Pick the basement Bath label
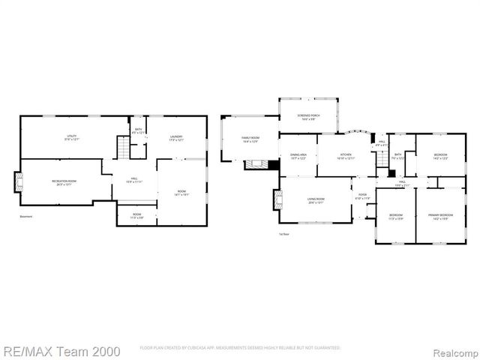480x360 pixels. [139, 130]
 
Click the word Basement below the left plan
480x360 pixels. [27, 217]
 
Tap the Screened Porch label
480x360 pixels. [308, 117]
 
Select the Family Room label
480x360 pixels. [250, 139]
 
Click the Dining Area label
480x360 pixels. [298, 156]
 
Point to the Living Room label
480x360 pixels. [316, 200]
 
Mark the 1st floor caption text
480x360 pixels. [283, 234]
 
